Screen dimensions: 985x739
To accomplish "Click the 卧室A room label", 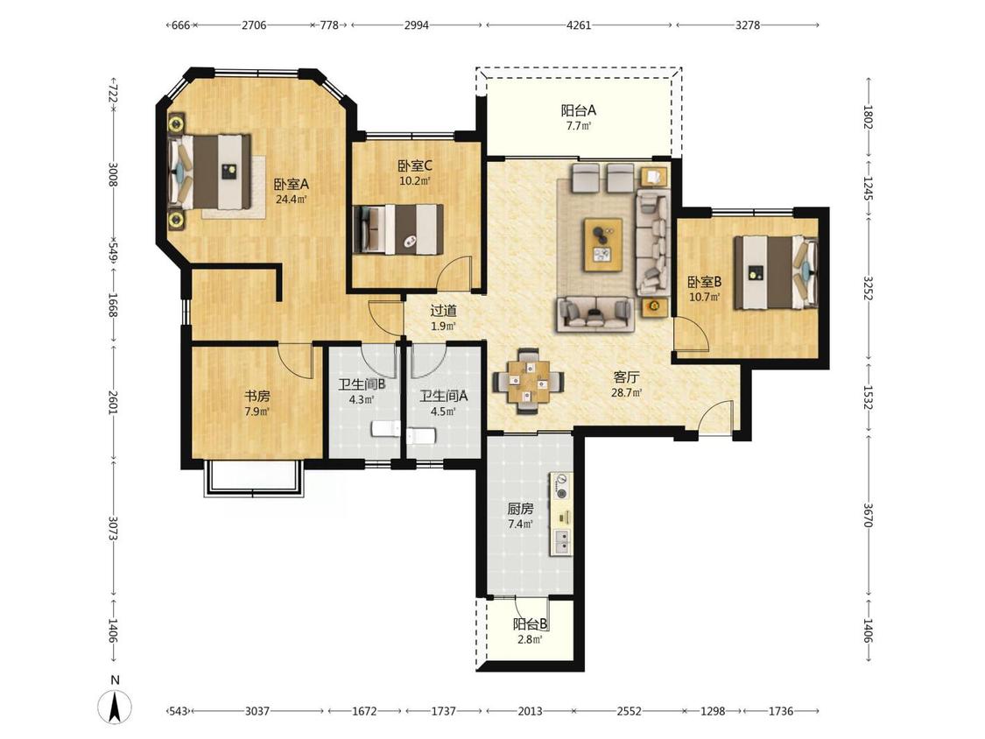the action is [291, 185].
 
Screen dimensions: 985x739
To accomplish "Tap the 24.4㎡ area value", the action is [291, 200].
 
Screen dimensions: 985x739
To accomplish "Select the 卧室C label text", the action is [415, 165].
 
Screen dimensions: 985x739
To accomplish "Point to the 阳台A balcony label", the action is [578, 110].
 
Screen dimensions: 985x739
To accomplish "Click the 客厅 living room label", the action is [626, 377].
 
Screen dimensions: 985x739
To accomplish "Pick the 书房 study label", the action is [257, 397].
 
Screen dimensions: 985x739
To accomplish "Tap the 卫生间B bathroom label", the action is [362, 384].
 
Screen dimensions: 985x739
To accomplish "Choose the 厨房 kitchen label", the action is [520, 509].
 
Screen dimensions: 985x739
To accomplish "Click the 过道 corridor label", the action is [444, 311].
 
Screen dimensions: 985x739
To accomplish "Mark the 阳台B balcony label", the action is [531, 624].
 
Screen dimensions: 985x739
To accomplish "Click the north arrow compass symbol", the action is [115, 705].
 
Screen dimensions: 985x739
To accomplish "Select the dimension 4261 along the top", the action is [579, 25].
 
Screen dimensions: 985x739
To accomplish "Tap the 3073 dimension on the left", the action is [113, 529].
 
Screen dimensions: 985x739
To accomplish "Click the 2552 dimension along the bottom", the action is [629, 711].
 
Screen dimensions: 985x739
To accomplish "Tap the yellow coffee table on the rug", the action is [603, 244].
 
